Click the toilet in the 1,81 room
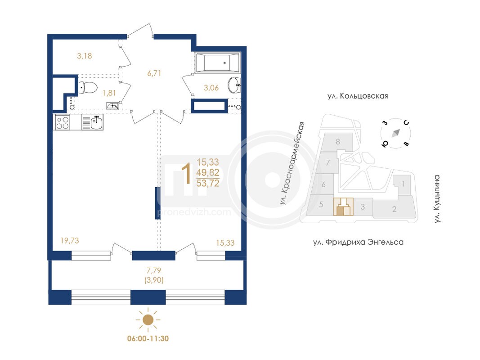point(88,88)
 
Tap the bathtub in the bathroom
point(218,63)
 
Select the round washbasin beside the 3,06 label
point(234,85)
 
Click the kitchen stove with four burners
point(63,122)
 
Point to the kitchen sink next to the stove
point(93,122)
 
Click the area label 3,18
point(85,56)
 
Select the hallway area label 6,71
point(154,73)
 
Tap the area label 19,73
point(70,241)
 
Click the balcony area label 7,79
point(154,270)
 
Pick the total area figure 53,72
point(208,183)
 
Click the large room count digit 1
point(186,173)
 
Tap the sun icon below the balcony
point(148,319)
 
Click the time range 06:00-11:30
point(148,338)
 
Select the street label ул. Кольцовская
point(358,96)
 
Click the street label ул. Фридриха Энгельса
point(358,242)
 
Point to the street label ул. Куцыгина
point(437,198)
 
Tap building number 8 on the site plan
point(338,142)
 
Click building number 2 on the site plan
point(394,209)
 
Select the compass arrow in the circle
point(396,133)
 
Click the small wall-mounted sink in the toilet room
point(112,106)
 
